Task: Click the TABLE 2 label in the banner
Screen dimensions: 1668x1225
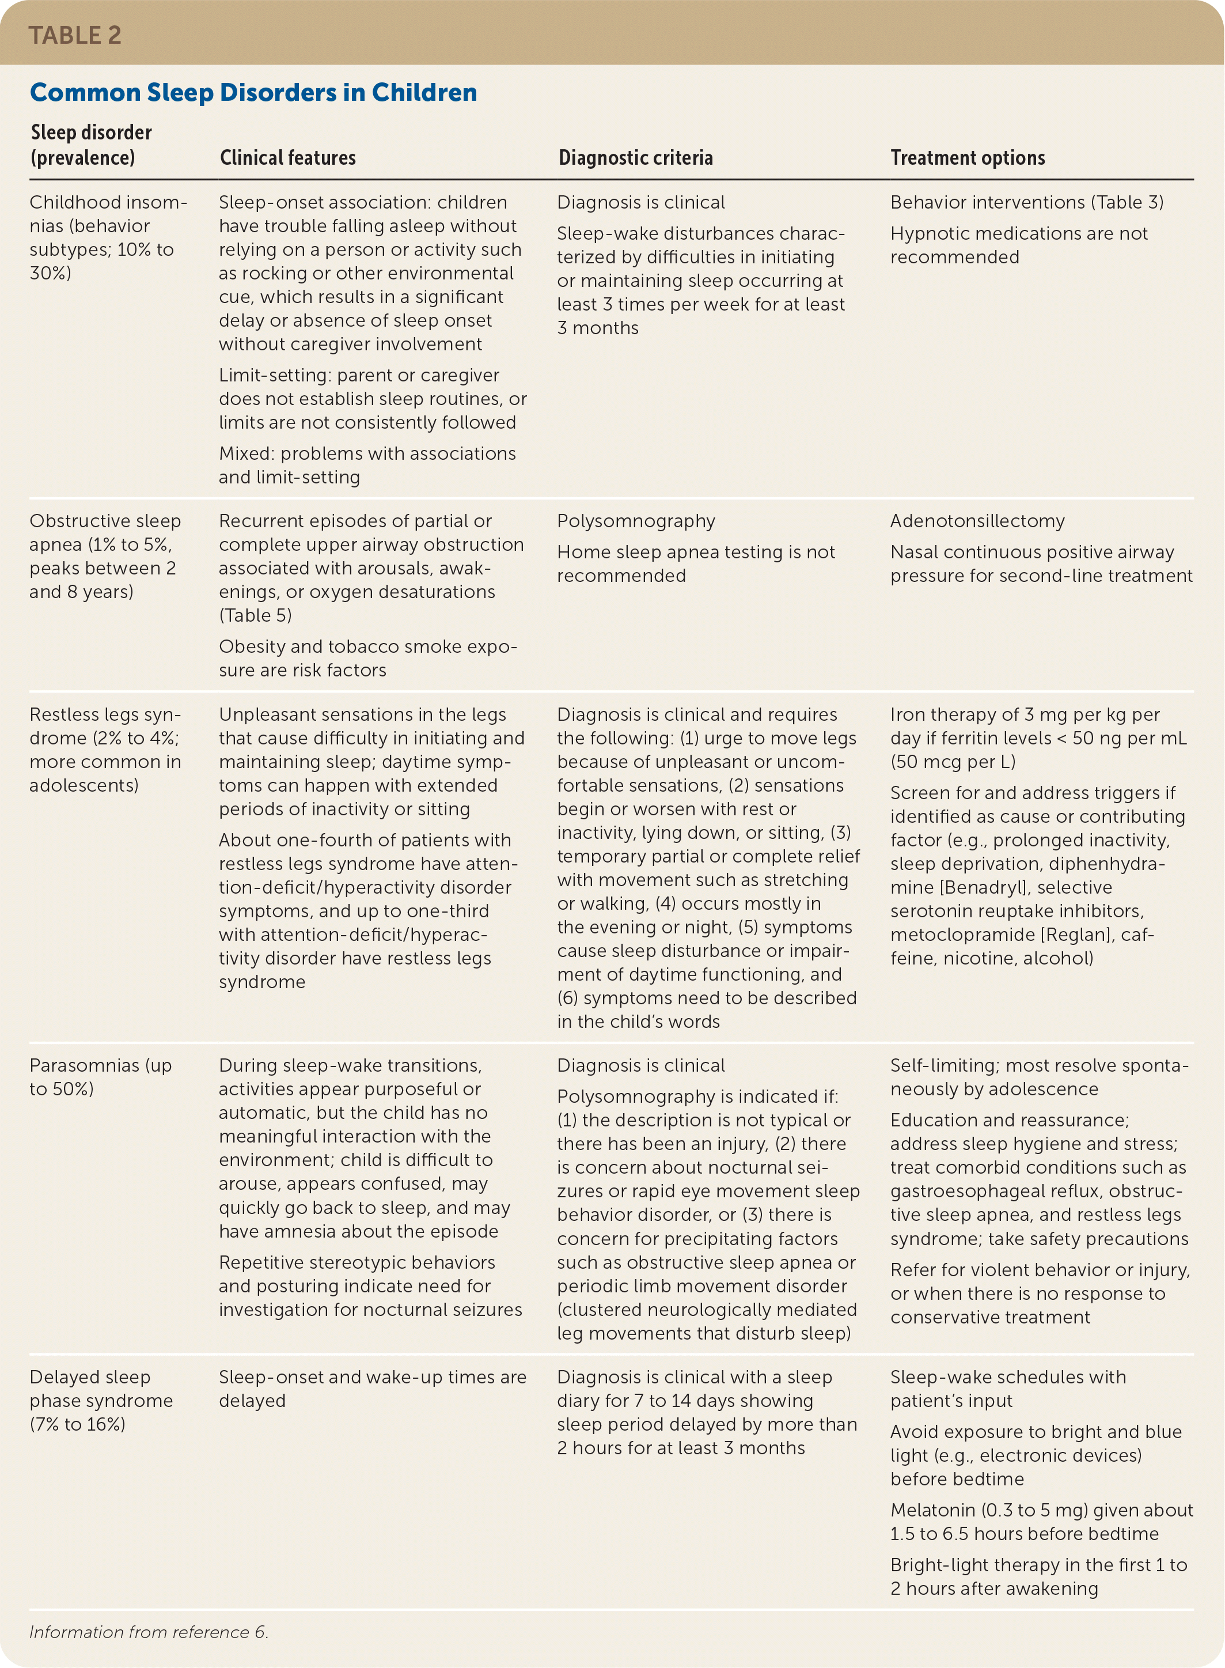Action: [74, 35]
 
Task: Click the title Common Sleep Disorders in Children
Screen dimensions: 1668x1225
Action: [253, 92]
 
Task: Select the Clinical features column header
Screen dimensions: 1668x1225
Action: [288, 157]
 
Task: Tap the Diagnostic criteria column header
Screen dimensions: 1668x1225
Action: [635, 157]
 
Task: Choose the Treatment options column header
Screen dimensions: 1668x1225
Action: [968, 157]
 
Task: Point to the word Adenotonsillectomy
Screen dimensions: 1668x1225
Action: [977, 521]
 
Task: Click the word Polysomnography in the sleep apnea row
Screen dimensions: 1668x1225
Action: [636, 521]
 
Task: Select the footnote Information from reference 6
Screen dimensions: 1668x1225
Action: [149, 1632]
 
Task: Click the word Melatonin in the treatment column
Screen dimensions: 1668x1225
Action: [932, 1510]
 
